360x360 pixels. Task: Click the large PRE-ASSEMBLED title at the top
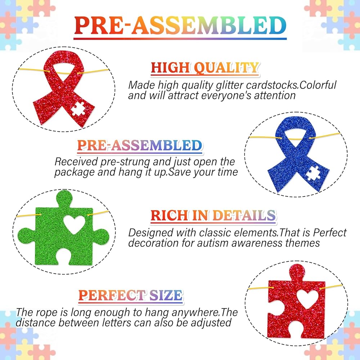180,25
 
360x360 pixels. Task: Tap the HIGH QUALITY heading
205,68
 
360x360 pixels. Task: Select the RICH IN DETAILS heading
213,215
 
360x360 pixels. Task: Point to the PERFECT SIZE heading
130,295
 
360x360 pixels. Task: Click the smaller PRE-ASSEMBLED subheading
140,145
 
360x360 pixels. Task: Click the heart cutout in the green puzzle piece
74,225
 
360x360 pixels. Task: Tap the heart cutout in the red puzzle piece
307,299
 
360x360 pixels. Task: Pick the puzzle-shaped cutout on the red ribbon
78,109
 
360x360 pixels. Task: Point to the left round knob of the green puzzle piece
26,236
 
